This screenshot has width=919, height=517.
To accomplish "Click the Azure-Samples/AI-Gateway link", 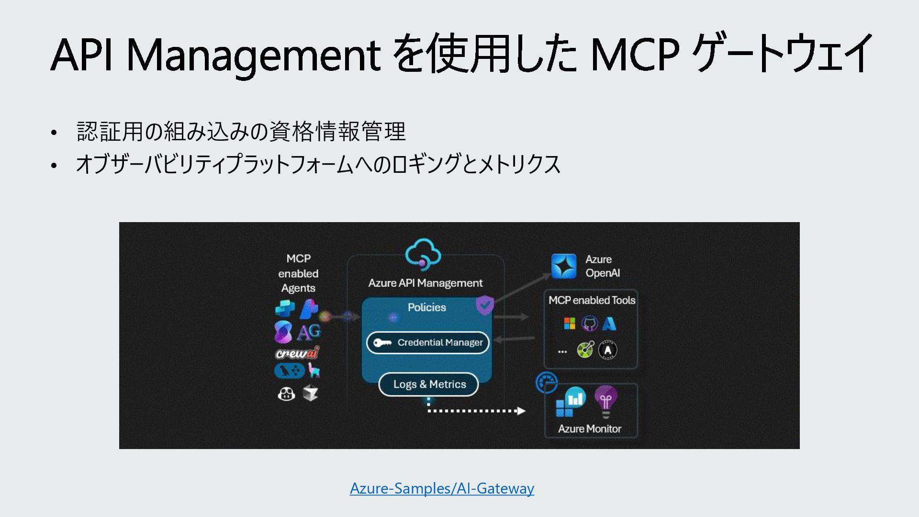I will (x=442, y=488).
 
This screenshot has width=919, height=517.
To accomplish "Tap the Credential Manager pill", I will (x=428, y=343).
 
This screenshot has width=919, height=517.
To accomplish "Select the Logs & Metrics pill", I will (x=428, y=384).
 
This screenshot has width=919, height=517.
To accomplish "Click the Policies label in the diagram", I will (x=426, y=307).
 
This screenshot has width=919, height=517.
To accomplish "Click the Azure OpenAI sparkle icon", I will (x=564, y=266).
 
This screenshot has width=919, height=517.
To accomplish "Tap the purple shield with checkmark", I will (x=484, y=304).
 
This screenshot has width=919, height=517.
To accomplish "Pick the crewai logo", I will (x=297, y=353).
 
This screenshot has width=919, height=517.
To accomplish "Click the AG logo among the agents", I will (x=309, y=332).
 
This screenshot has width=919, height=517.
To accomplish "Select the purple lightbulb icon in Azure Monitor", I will (x=606, y=401).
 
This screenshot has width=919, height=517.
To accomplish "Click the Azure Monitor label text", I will (x=589, y=429).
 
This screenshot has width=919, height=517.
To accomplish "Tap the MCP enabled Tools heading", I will (x=592, y=300).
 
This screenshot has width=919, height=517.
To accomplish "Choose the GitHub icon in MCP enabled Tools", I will (x=589, y=324).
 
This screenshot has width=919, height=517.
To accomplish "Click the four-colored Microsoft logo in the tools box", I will (x=570, y=324).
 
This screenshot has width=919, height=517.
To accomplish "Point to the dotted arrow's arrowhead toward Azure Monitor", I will (x=521, y=411).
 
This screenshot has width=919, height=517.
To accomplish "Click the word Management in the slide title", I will (x=253, y=55).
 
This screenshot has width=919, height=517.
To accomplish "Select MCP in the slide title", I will (x=635, y=55).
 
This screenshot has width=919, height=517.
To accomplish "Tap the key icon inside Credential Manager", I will (x=382, y=343).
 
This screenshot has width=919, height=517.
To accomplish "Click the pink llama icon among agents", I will (x=314, y=370).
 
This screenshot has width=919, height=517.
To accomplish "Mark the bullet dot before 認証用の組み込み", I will (x=54, y=133).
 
